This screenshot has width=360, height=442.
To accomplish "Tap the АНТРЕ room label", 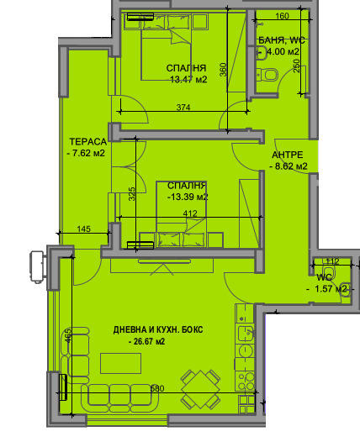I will (x=288, y=155).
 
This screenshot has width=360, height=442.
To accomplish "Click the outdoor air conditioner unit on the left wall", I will (x=35, y=266).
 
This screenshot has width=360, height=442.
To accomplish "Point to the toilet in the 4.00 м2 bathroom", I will (x=268, y=76).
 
